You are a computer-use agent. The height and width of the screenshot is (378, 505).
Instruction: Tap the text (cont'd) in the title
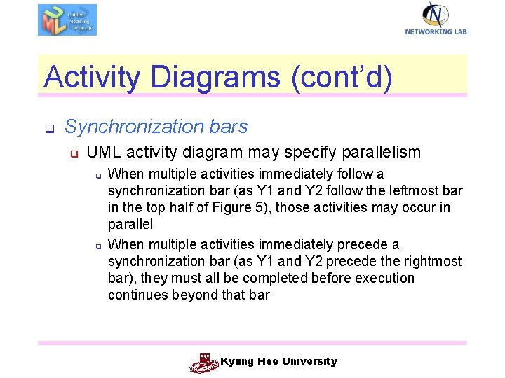click(339, 77)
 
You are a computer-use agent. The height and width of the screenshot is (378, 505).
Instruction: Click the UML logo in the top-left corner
click(67, 20)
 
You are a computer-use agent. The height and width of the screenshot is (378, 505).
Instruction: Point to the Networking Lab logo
click(436, 18)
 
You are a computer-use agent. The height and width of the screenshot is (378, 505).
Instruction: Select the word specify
click(301, 152)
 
